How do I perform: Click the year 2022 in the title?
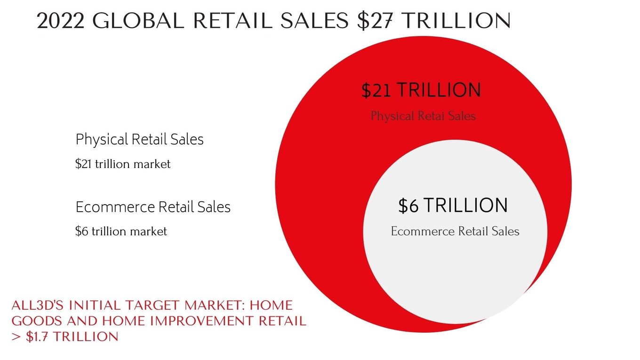[61, 21]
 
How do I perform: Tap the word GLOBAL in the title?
[138, 21]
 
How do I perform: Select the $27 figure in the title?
[375, 21]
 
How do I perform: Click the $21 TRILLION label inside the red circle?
[421, 90]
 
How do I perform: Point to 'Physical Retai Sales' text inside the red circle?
[423, 116]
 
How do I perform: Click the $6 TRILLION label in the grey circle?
[453, 206]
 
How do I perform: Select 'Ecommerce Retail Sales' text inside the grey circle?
[455, 231]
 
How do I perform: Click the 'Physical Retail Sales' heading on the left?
[140, 140]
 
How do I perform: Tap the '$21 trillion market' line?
[123, 164]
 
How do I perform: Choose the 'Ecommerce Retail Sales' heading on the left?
[153, 207]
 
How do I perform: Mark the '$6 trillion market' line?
[121, 231]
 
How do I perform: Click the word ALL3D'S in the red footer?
[38, 305]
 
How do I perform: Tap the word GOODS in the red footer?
[37, 321]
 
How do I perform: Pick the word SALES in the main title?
[314, 21]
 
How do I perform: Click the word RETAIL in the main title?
[233, 21]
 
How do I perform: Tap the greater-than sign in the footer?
[16, 336]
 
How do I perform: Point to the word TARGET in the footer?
[153, 305]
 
